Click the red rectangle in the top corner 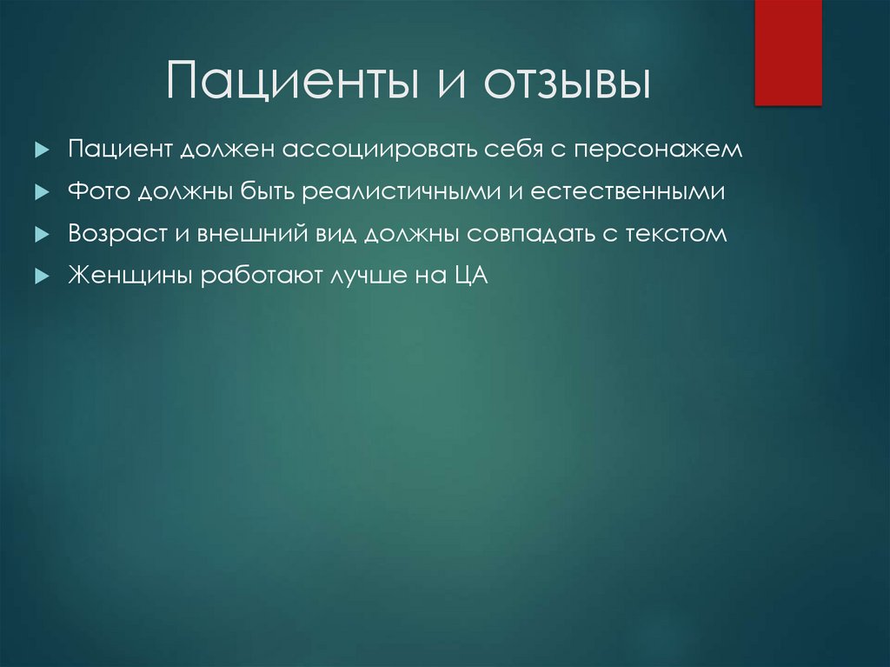point(787,52)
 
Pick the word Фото point(98,192)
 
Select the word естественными point(639,192)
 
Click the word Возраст point(112,234)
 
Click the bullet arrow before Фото point(40,193)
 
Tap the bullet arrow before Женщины point(40,277)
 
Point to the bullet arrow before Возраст point(40,235)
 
